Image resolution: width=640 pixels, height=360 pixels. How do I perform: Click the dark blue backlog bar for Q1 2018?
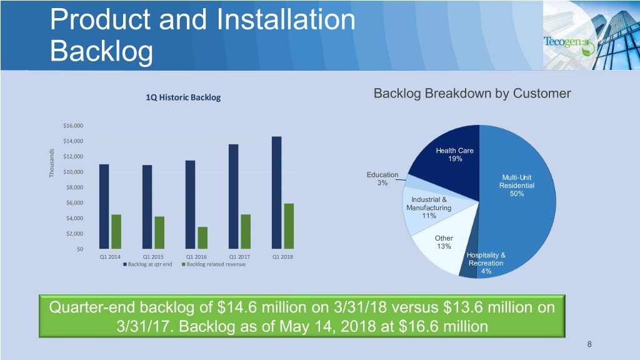(x=276, y=192)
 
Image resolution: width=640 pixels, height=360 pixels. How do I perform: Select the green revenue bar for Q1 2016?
(x=202, y=238)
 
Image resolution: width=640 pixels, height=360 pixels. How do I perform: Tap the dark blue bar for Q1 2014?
(x=104, y=206)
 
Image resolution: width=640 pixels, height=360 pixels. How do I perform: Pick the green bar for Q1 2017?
(x=246, y=232)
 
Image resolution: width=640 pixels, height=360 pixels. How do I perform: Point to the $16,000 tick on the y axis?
(x=73, y=126)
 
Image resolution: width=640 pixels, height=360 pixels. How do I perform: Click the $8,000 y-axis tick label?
(x=74, y=187)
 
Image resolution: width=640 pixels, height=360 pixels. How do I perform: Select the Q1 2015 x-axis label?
(x=153, y=257)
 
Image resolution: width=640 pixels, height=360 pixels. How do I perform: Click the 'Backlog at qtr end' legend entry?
(x=147, y=264)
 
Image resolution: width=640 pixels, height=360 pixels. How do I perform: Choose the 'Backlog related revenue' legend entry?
(x=214, y=264)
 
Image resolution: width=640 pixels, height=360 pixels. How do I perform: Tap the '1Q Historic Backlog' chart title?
(x=183, y=97)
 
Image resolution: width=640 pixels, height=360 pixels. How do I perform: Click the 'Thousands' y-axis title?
(x=51, y=163)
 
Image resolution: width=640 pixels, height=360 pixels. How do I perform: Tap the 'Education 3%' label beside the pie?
(x=382, y=179)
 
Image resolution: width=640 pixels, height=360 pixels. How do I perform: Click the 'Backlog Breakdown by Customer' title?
(x=472, y=94)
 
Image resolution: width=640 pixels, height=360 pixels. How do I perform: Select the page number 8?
(x=589, y=344)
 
